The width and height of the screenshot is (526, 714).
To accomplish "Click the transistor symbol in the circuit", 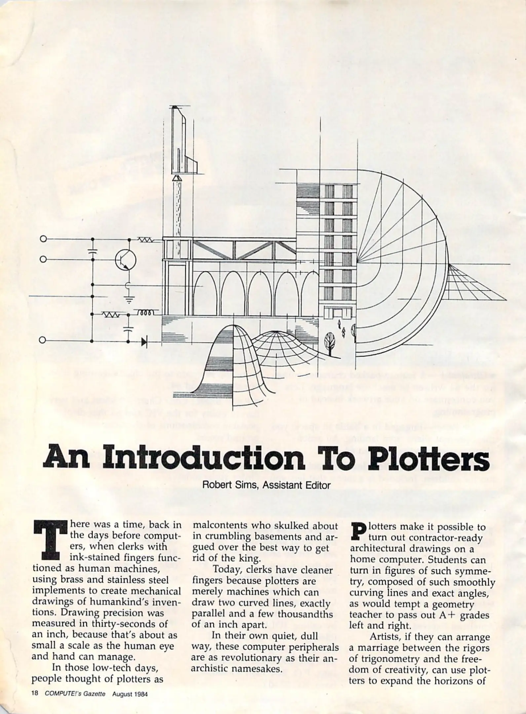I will click(126, 259).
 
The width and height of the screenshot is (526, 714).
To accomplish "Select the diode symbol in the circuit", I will click(144, 342).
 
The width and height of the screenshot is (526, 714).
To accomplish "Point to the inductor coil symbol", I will click(145, 312).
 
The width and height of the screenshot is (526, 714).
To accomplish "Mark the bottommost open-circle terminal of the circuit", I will click(43, 340).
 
